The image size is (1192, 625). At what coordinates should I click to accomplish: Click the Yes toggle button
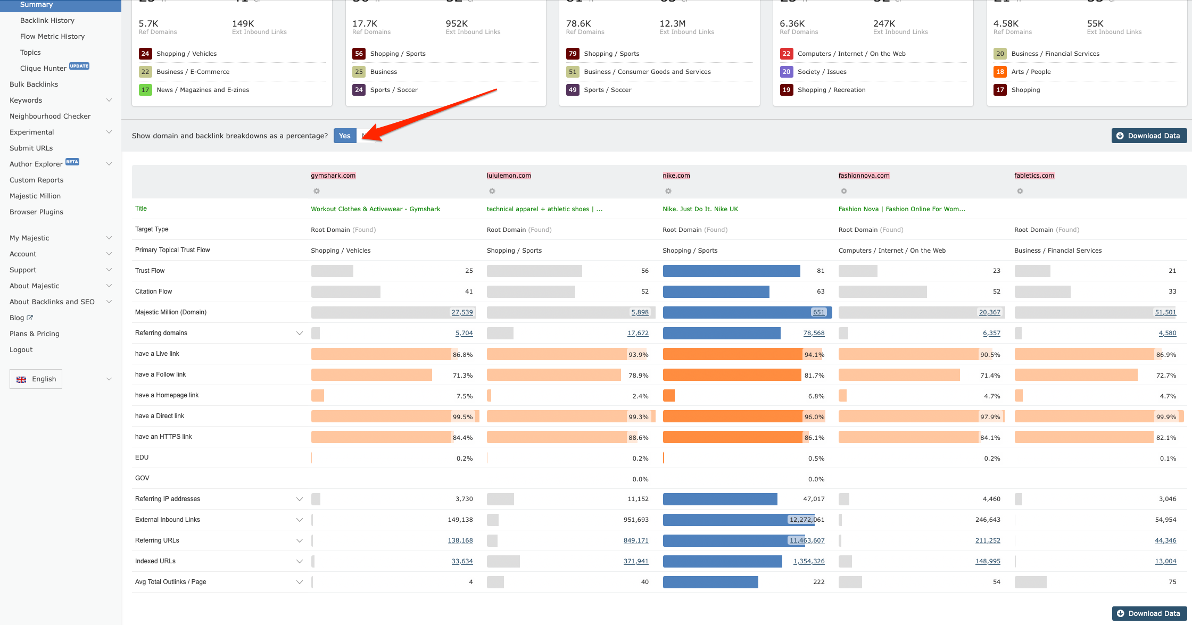point(345,136)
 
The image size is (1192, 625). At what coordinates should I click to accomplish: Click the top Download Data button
point(1149,136)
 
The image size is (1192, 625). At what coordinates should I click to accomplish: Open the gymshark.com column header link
point(333,176)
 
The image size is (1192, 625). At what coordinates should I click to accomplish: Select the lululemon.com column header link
point(509,176)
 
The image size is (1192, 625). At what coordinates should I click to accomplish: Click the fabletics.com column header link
point(1034,176)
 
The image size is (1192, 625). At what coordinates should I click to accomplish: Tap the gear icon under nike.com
point(668,191)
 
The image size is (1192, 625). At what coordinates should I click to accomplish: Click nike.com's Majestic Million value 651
point(818,312)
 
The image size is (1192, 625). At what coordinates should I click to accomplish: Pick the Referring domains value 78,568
point(814,333)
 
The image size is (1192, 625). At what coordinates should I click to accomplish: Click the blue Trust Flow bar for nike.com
point(731,271)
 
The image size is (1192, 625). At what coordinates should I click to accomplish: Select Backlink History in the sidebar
point(47,20)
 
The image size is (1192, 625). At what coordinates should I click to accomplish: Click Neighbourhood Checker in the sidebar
point(50,116)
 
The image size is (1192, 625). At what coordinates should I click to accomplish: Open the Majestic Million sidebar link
point(35,196)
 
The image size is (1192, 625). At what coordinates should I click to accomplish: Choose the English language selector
point(36,379)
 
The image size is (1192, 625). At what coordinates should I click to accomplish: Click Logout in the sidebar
point(21,349)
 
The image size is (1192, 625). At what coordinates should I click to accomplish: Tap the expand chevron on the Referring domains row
point(300,333)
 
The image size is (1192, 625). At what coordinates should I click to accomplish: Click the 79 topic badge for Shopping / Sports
point(573,54)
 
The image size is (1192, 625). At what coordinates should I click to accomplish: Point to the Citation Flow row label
point(154,291)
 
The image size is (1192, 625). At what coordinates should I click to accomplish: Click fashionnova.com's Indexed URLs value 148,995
point(988,561)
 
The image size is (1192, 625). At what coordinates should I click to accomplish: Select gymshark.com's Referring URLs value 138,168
point(460,540)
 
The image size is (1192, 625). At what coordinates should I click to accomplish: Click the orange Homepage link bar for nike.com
point(669,396)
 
